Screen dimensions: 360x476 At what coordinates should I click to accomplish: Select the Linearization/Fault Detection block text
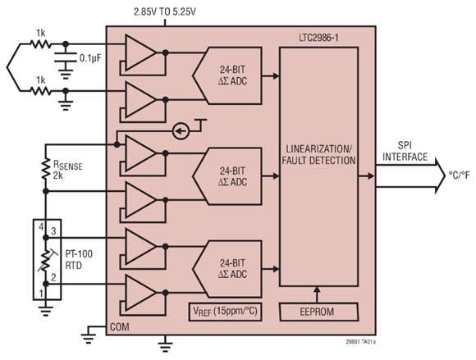tap(319, 153)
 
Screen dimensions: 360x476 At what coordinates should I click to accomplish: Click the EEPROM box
tap(318, 312)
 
